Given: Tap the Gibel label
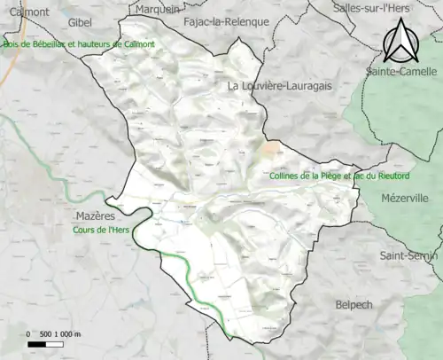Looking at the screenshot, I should pyautogui.click(x=80, y=21).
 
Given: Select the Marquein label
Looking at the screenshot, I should pyautogui.click(x=156, y=9).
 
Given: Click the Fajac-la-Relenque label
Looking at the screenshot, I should pyautogui.click(x=225, y=21).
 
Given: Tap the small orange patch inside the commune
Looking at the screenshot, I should pyautogui.click(x=273, y=145).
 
